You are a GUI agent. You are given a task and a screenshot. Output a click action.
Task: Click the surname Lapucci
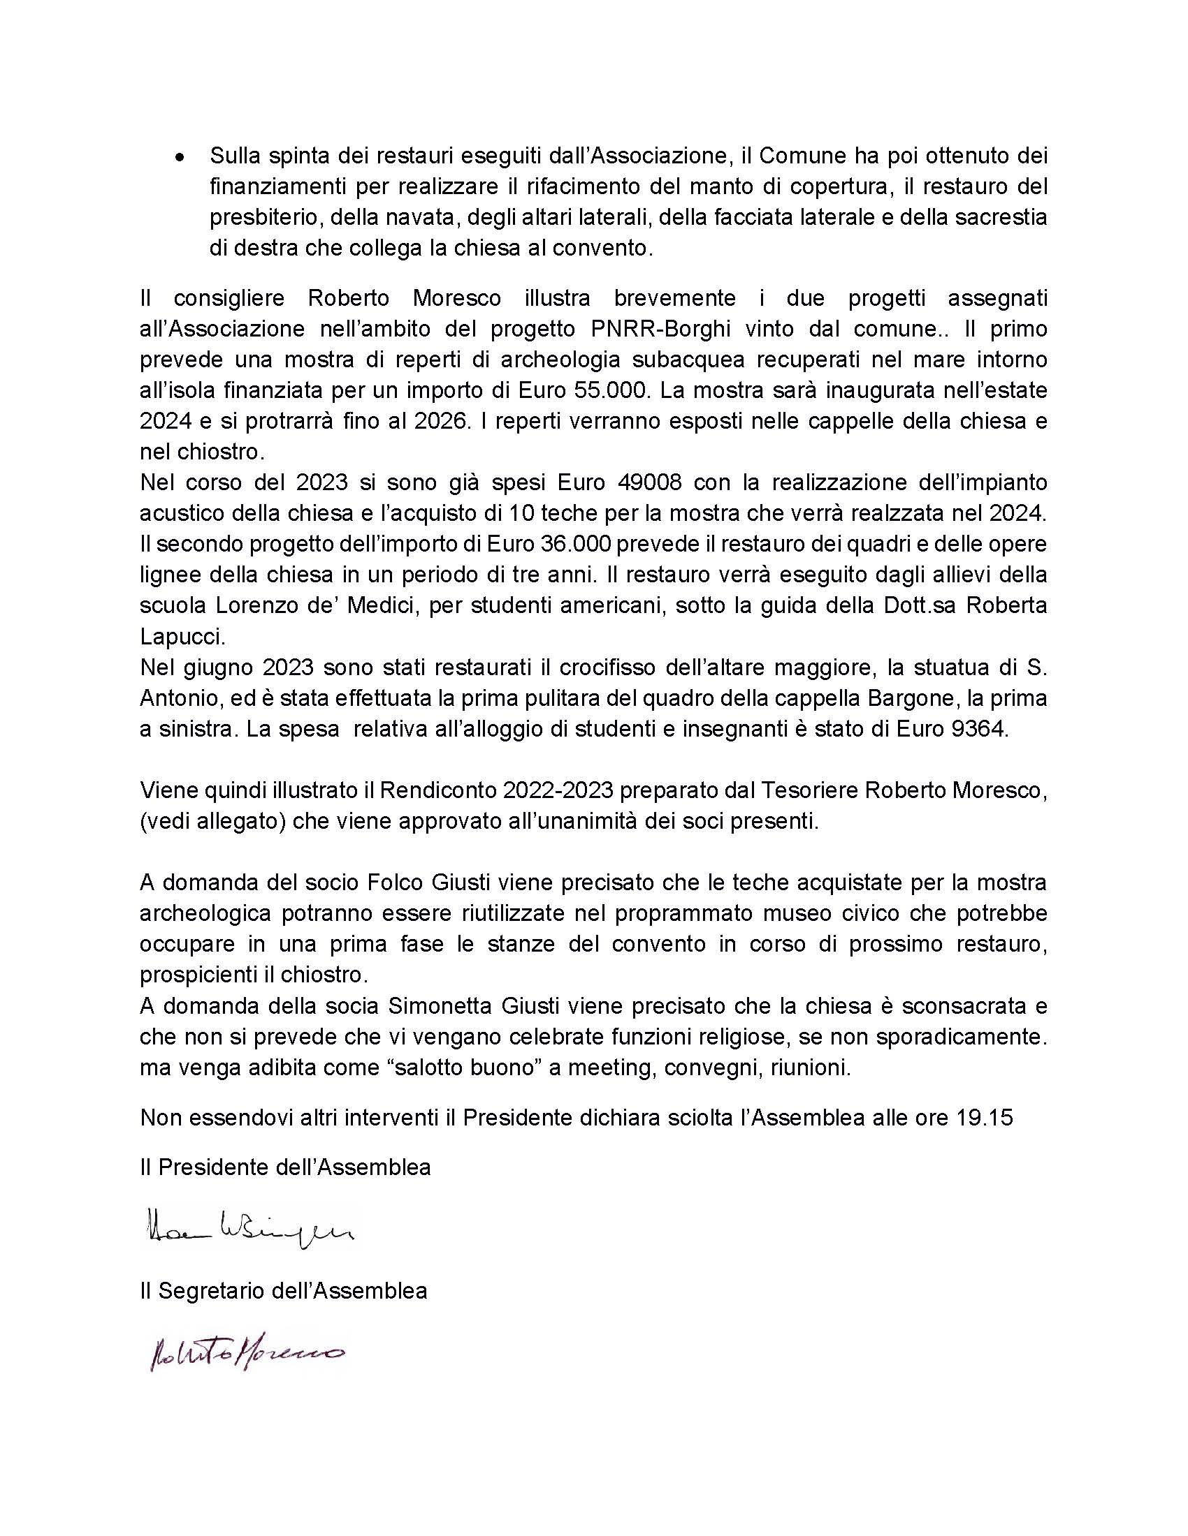click(x=182, y=637)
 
